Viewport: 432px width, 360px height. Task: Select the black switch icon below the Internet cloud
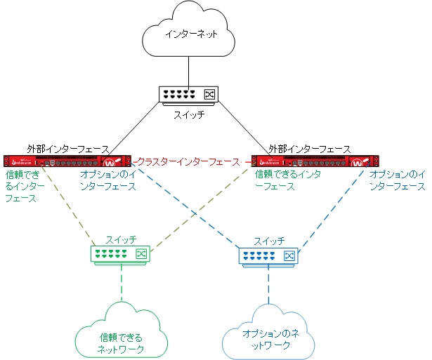(x=188, y=94)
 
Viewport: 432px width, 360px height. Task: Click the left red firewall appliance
(x=67, y=161)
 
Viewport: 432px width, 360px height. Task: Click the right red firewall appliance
(x=312, y=161)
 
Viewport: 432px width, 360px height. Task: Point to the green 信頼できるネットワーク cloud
(x=122, y=333)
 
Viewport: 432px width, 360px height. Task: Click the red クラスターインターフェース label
(x=188, y=162)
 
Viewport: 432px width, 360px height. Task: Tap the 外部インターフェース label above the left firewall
(x=67, y=149)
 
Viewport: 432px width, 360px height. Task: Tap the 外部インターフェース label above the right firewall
(x=310, y=149)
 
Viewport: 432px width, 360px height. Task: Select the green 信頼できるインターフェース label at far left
(x=25, y=186)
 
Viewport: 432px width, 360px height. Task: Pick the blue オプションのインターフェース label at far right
(x=398, y=180)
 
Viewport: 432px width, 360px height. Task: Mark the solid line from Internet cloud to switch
(x=189, y=71)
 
